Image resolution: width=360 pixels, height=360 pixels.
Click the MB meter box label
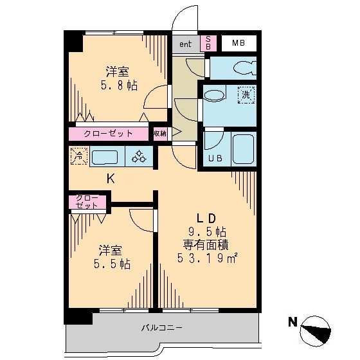239,44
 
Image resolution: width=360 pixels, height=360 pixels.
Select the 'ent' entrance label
185,44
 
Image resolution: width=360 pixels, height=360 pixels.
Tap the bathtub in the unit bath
244,148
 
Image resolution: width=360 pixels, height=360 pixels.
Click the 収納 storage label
159,134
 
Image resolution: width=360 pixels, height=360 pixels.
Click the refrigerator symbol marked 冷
78,155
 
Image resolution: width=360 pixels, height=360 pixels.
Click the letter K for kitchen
111,179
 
